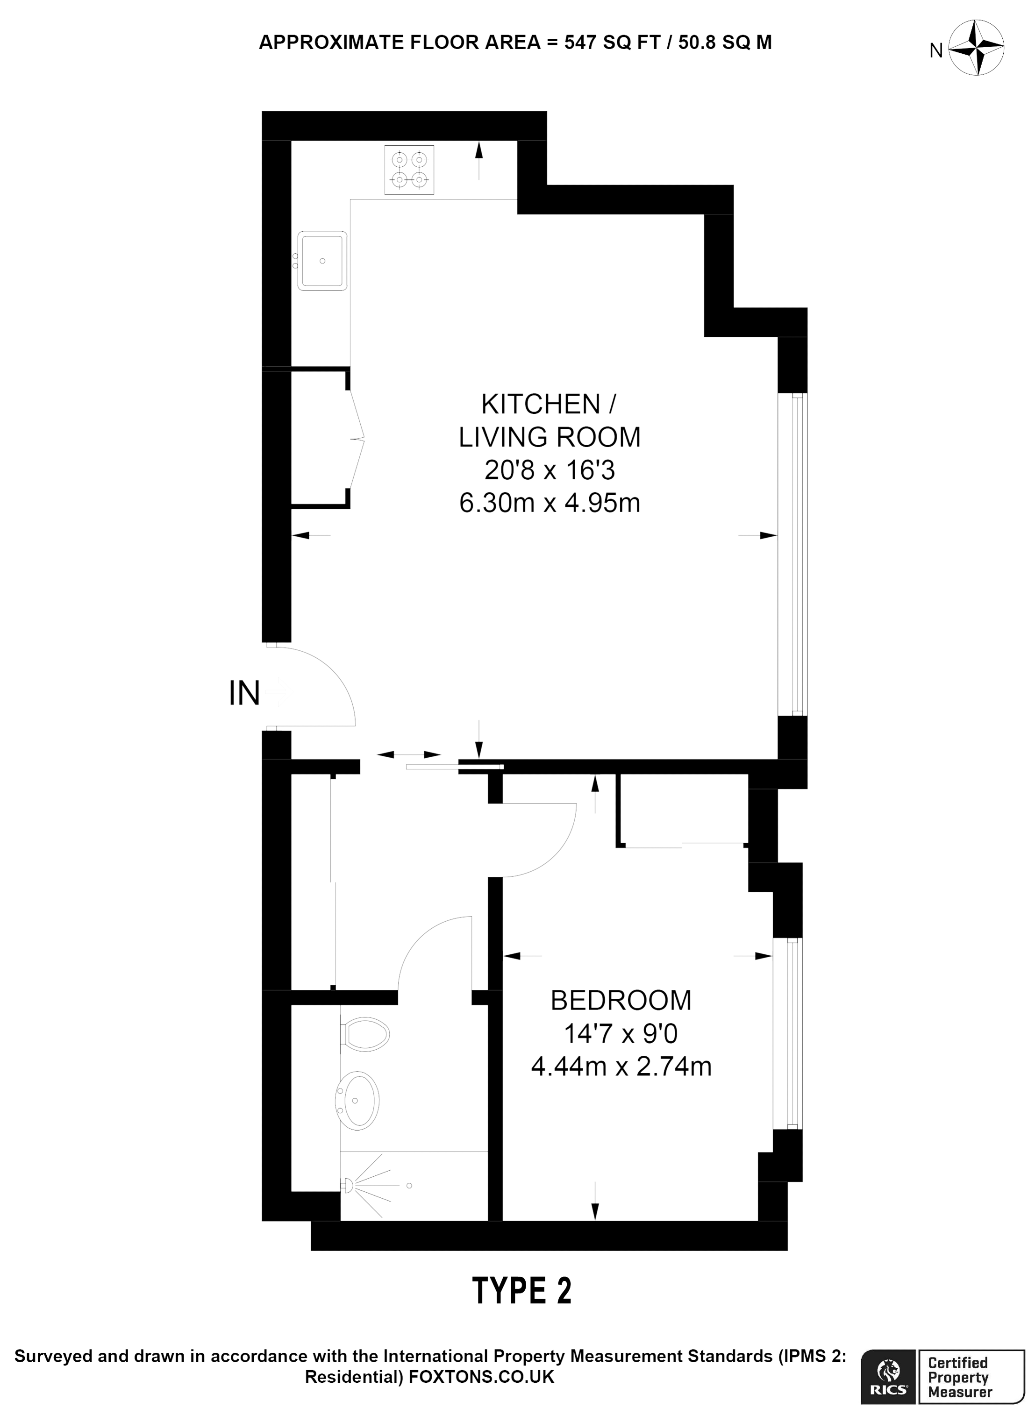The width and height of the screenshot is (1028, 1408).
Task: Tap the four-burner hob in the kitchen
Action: tap(409, 170)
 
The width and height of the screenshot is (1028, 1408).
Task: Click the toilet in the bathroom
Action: tap(365, 1035)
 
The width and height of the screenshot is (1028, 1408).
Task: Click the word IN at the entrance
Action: tap(244, 693)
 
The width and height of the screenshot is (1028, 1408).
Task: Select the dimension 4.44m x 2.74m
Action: tap(621, 1067)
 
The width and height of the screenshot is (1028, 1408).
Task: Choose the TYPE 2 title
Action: tap(522, 1291)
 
